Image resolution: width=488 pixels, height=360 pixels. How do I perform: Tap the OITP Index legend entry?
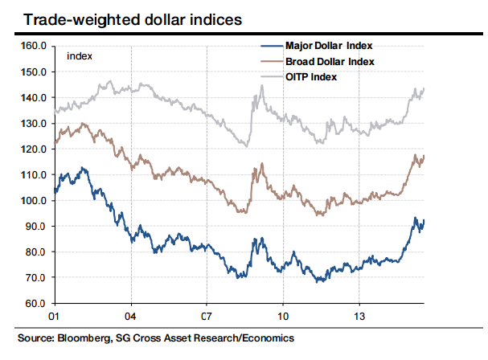point(310,77)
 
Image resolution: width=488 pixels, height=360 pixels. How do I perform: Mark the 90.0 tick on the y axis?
point(35,227)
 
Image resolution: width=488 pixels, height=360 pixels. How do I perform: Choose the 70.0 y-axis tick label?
point(35,278)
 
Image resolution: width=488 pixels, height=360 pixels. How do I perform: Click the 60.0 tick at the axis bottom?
point(35,304)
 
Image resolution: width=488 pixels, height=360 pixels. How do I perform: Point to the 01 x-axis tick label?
point(54,317)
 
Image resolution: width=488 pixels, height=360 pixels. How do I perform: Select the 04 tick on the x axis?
point(129,317)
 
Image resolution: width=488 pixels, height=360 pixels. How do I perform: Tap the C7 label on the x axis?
point(206,317)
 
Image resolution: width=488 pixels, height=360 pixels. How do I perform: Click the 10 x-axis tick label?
point(283,317)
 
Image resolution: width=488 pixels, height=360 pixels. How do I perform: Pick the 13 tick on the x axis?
point(359,317)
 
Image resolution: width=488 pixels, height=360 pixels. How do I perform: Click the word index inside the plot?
point(79,55)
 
